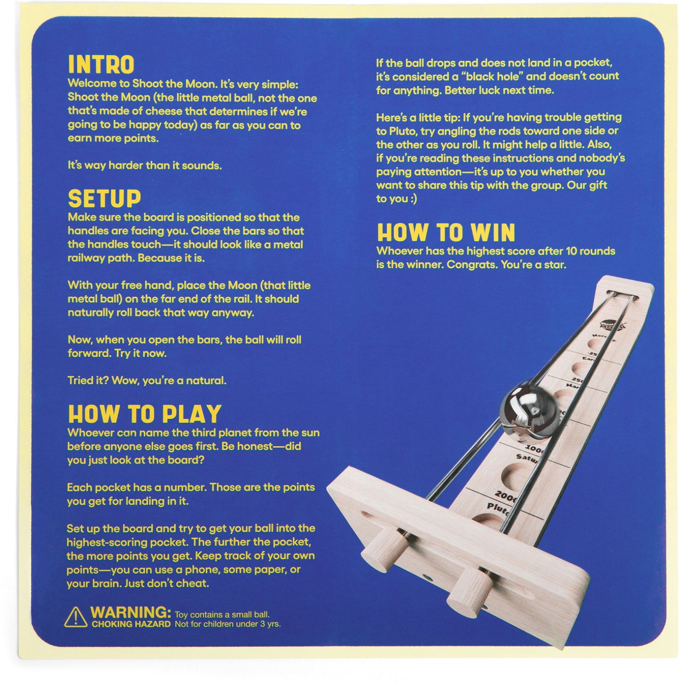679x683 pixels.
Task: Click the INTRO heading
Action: coord(101,65)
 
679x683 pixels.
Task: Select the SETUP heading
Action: coord(104,199)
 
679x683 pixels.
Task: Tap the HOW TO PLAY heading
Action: coord(144,414)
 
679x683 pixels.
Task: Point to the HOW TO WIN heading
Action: coord(445,233)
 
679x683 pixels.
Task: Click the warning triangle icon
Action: coord(76,617)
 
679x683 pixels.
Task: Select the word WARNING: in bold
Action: coord(131,613)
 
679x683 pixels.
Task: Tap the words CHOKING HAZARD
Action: coord(131,625)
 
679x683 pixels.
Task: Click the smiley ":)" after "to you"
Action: coord(411,199)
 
